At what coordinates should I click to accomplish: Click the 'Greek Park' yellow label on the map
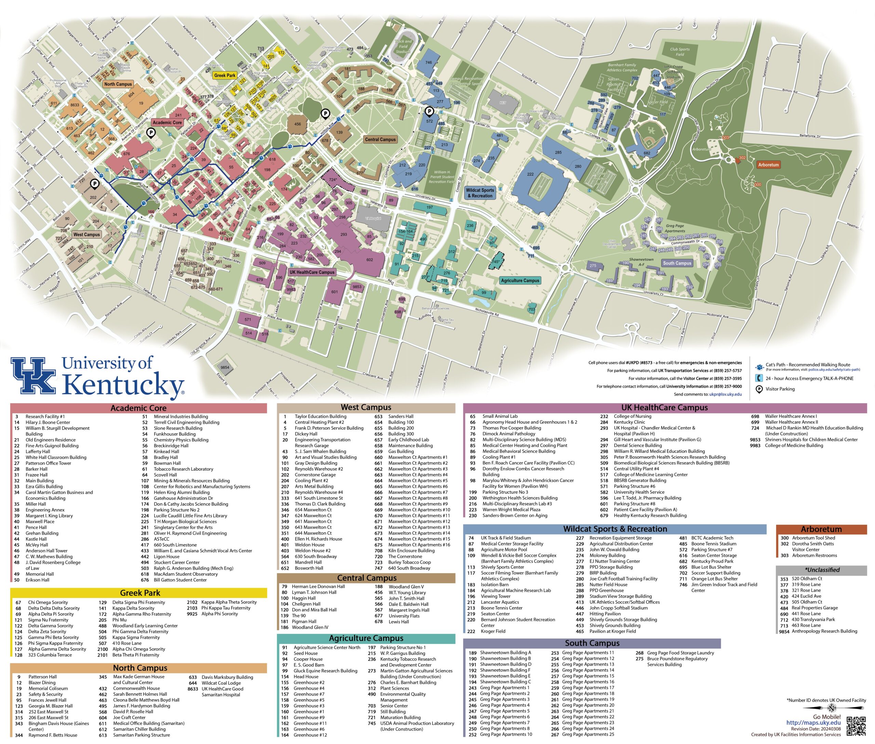[225, 76]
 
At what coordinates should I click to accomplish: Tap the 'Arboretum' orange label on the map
[768, 165]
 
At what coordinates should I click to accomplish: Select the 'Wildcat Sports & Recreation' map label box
[480, 193]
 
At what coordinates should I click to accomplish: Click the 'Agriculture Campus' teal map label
[520, 280]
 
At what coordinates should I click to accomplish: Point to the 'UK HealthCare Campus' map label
[312, 273]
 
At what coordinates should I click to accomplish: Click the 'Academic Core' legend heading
[138, 408]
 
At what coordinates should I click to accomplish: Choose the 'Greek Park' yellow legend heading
[140, 593]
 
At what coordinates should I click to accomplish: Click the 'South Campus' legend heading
[592, 643]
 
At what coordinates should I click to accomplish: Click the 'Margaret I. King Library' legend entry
[49, 516]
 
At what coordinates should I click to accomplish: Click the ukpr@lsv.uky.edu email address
[725, 394]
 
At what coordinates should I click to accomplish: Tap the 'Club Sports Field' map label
[679, 51]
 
